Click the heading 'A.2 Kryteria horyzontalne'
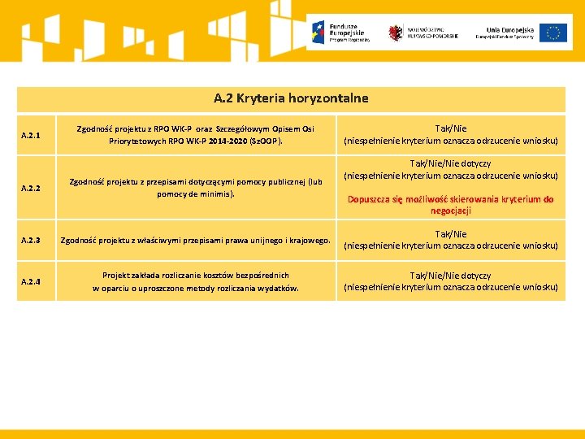click(291, 98)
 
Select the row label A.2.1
click(31, 134)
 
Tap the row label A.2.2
click(31, 188)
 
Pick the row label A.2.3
click(31, 240)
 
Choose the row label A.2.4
click(31, 281)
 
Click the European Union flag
click(553, 33)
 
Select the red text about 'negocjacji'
click(451, 205)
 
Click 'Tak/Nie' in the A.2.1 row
click(451, 128)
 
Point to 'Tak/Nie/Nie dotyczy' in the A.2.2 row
click(451, 163)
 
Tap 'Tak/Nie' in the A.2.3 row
click(451, 234)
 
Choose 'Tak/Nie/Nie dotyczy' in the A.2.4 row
click(451, 276)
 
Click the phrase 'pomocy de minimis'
click(195, 194)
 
